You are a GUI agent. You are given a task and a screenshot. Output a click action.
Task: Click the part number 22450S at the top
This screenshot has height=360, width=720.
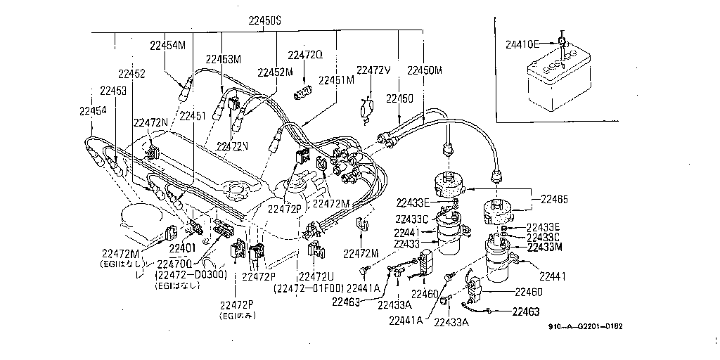pyautogui.click(x=254, y=22)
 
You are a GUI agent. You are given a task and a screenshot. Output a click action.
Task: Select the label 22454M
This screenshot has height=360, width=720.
pyautogui.click(x=167, y=45)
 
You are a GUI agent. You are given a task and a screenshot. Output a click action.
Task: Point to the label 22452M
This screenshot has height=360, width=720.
pyautogui.click(x=275, y=72)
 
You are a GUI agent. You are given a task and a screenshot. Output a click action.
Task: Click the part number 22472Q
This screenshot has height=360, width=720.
pyautogui.click(x=305, y=55)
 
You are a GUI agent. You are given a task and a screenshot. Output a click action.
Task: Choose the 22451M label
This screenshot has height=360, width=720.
pyautogui.click(x=336, y=80)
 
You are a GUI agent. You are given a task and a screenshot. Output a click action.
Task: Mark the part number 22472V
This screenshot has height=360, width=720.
pyautogui.click(x=373, y=70)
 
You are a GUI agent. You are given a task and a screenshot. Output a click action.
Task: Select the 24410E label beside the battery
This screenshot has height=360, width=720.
pyautogui.click(x=523, y=44)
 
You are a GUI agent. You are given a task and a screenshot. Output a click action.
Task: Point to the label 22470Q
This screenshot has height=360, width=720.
pyautogui.click(x=174, y=264)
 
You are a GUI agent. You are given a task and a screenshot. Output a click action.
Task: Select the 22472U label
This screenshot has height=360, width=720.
pyautogui.click(x=316, y=276)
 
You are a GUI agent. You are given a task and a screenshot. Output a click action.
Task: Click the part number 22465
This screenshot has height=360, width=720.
pyautogui.click(x=555, y=200)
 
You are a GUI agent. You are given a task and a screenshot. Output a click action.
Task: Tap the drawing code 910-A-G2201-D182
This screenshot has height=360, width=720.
pyautogui.click(x=586, y=326)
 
